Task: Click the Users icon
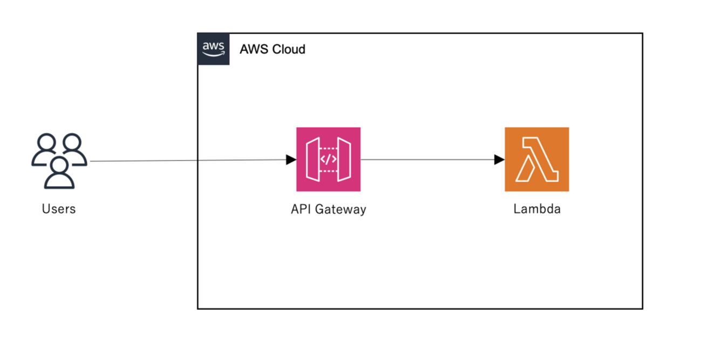59,160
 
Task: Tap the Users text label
59,209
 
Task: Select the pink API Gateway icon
328,159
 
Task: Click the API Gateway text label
328,209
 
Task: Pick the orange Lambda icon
536,159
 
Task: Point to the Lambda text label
536,209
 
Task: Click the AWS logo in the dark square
213,49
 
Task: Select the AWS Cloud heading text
273,50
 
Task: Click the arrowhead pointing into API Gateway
291,160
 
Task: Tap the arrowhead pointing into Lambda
499,160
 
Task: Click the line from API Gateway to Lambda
426,160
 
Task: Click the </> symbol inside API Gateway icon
328,159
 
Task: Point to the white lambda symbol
536,159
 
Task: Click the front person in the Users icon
59,173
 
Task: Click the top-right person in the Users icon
72,148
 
